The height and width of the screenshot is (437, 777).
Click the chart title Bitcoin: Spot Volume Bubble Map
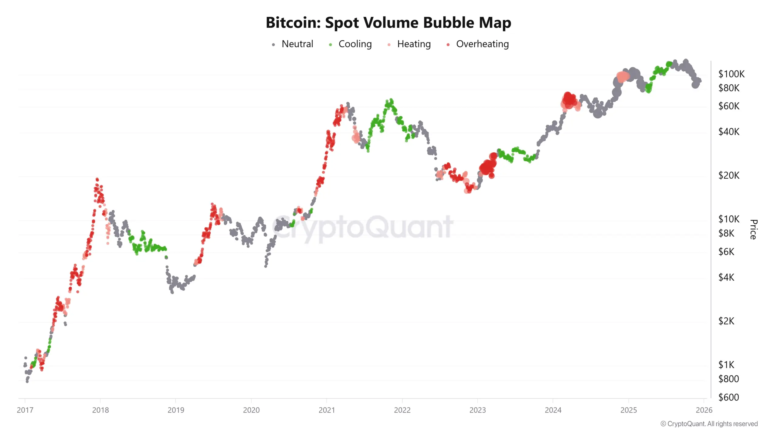(x=388, y=22)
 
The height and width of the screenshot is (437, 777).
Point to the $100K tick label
(x=731, y=74)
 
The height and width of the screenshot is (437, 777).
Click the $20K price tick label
(x=728, y=175)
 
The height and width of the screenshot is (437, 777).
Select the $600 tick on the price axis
(x=728, y=397)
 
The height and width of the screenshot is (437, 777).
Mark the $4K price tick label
(x=726, y=277)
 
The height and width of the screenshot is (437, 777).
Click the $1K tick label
(x=726, y=364)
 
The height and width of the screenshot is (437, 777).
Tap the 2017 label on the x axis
(x=25, y=410)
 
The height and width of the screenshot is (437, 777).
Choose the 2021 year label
(x=327, y=410)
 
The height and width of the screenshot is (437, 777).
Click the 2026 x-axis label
(x=704, y=410)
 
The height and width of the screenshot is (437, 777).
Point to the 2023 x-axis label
(x=477, y=410)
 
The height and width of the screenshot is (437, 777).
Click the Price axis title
(x=753, y=229)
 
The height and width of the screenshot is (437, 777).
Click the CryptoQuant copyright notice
(x=709, y=424)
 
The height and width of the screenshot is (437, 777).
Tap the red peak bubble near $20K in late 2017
(x=97, y=180)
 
